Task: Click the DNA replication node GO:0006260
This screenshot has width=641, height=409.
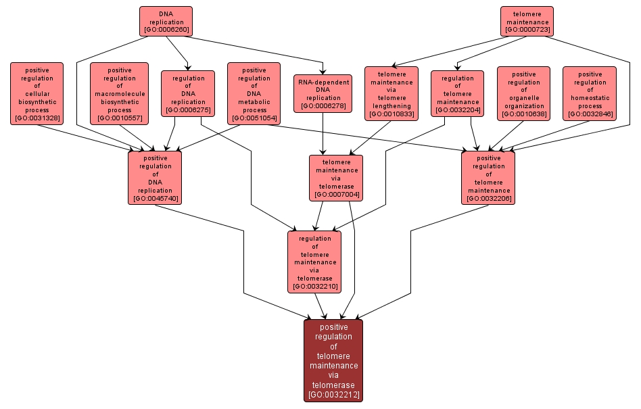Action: pyautogui.click(x=166, y=22)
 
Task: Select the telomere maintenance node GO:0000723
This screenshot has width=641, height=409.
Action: pyautogui.click(x=527, y=21)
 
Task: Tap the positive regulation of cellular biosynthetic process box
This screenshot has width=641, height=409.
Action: pyautogui.click(x=37, y=93)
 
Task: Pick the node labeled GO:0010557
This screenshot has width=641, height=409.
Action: pyautogui.click(x=119, y=93)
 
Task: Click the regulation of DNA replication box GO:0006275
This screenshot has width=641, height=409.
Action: pyautogui.click(x=188, y=93)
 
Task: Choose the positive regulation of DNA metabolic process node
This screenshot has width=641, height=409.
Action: pyautogui.click(x=254, y=93)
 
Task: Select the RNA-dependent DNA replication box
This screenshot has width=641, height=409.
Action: pyautogui.click(x=323, y=93)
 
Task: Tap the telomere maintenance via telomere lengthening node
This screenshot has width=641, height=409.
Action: pyautogui.click(x=391, y=93)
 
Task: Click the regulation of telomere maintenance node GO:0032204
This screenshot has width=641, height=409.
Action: pyautogui.click(x=457, y=93)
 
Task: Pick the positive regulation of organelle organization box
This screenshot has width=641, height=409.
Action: pyautogui.click(x=523, y=93)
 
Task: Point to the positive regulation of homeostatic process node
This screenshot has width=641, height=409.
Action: pyautogui.click(x=590, y=93)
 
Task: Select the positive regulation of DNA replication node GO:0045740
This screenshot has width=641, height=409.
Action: pyautogui.click(x=155, y=177)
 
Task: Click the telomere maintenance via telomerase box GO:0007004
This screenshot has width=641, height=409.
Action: pyautogui.click(x=336, y=178)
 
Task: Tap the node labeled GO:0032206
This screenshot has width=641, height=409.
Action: pyautogui.click(x=488, y=177)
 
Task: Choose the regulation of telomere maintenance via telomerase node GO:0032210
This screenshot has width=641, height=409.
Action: pyautogui.click(x=314, y=262)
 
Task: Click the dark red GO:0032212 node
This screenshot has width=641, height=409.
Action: pyautogui.click(x=333, y=360)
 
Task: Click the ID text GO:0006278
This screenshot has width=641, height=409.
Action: pyautogui.click(x=323, y=106)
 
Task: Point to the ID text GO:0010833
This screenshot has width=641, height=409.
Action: pyautogui.click(x=391, y=114)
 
